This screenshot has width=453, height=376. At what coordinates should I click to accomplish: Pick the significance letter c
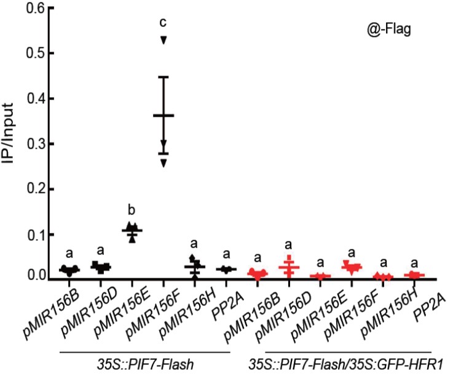(x=163, y=22)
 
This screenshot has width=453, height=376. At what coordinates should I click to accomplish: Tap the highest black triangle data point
(x=163, y=40)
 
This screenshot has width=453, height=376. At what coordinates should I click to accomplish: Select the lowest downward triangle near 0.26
(x=163, y=163)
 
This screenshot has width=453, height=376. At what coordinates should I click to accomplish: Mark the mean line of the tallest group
(x=163, y=116)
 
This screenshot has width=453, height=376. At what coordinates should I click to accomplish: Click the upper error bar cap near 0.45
(x=163, y=77)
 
